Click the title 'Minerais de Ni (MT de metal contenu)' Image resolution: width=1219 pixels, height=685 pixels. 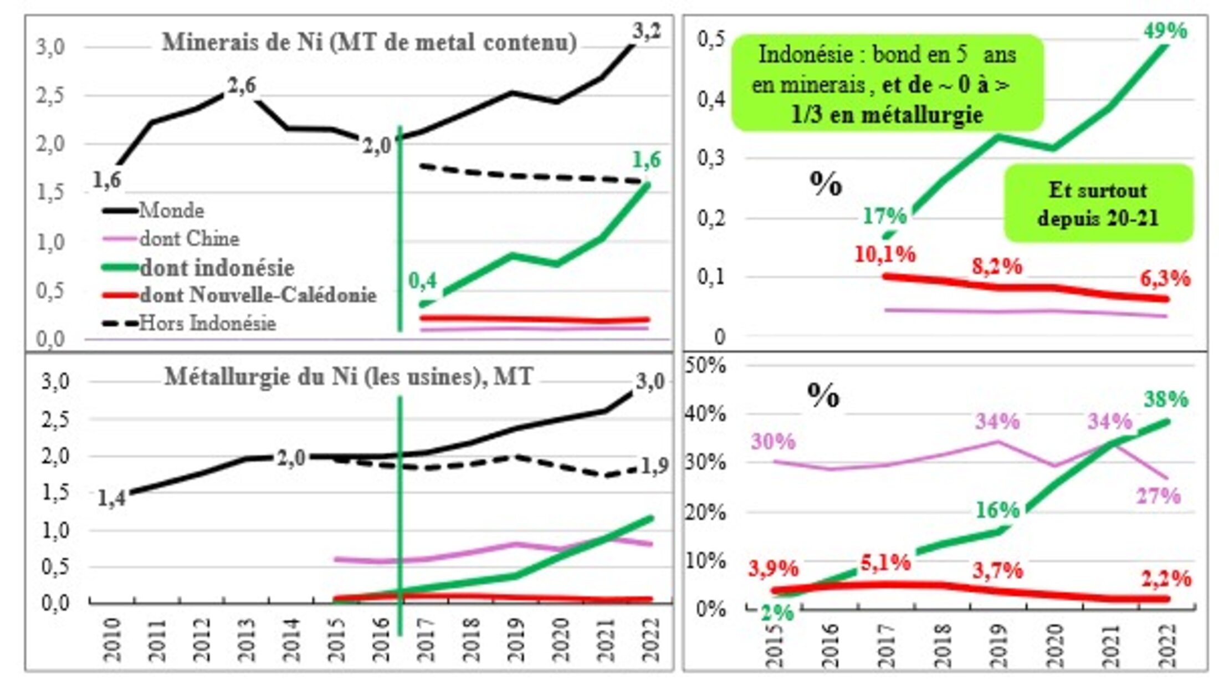(369, 43)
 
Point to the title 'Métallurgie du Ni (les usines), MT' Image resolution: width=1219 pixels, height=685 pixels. (349, 377)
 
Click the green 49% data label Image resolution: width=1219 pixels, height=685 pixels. (1165, 30)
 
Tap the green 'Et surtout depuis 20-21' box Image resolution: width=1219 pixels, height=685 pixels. (1098, 203)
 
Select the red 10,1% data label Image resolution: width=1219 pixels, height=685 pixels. (885, 254)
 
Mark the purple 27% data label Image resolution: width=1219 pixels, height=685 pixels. (1159, 495)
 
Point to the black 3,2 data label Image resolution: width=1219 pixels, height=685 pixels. (647, 32)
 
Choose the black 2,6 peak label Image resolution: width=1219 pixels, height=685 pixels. (242, 85)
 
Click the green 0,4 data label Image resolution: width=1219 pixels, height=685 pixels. (422, 281)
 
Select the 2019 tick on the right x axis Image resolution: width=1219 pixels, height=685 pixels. (998, 646)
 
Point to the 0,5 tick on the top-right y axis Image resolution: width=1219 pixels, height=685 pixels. (711, 39)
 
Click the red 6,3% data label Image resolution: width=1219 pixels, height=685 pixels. (1165, 278)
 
